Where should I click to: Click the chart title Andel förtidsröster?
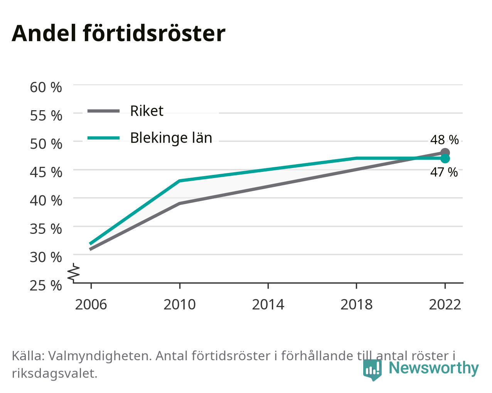click(x=118, y=34)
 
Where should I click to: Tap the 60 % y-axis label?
click(x=46, y=87)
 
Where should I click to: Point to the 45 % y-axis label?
click(x=46, y=172)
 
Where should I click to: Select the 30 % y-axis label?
click(x=46, y=257)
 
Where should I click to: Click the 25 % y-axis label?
click(x=46, y=286)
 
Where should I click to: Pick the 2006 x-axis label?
click(x=91, y=305)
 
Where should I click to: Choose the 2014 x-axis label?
click(x=268, y=305)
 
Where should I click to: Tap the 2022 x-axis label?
click(x=445, y=305)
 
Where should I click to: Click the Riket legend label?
click(x=147, y=111)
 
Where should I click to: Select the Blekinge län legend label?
click(x=171, y=138)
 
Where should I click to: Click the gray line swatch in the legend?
click(x=104, y=111)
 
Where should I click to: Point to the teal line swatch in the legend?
click(x=104, y=138)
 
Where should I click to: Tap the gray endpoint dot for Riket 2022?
click(x=445, y=153)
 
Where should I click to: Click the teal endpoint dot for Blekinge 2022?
click(x=445, y=159)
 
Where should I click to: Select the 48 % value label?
click(x=445, y=140)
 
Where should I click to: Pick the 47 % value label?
click(x=444, y=172)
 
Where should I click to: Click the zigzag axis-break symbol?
click(x=74, y=272)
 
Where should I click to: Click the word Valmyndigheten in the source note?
click(x=100, y=356)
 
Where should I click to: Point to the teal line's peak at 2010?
click(x=180, y=181)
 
